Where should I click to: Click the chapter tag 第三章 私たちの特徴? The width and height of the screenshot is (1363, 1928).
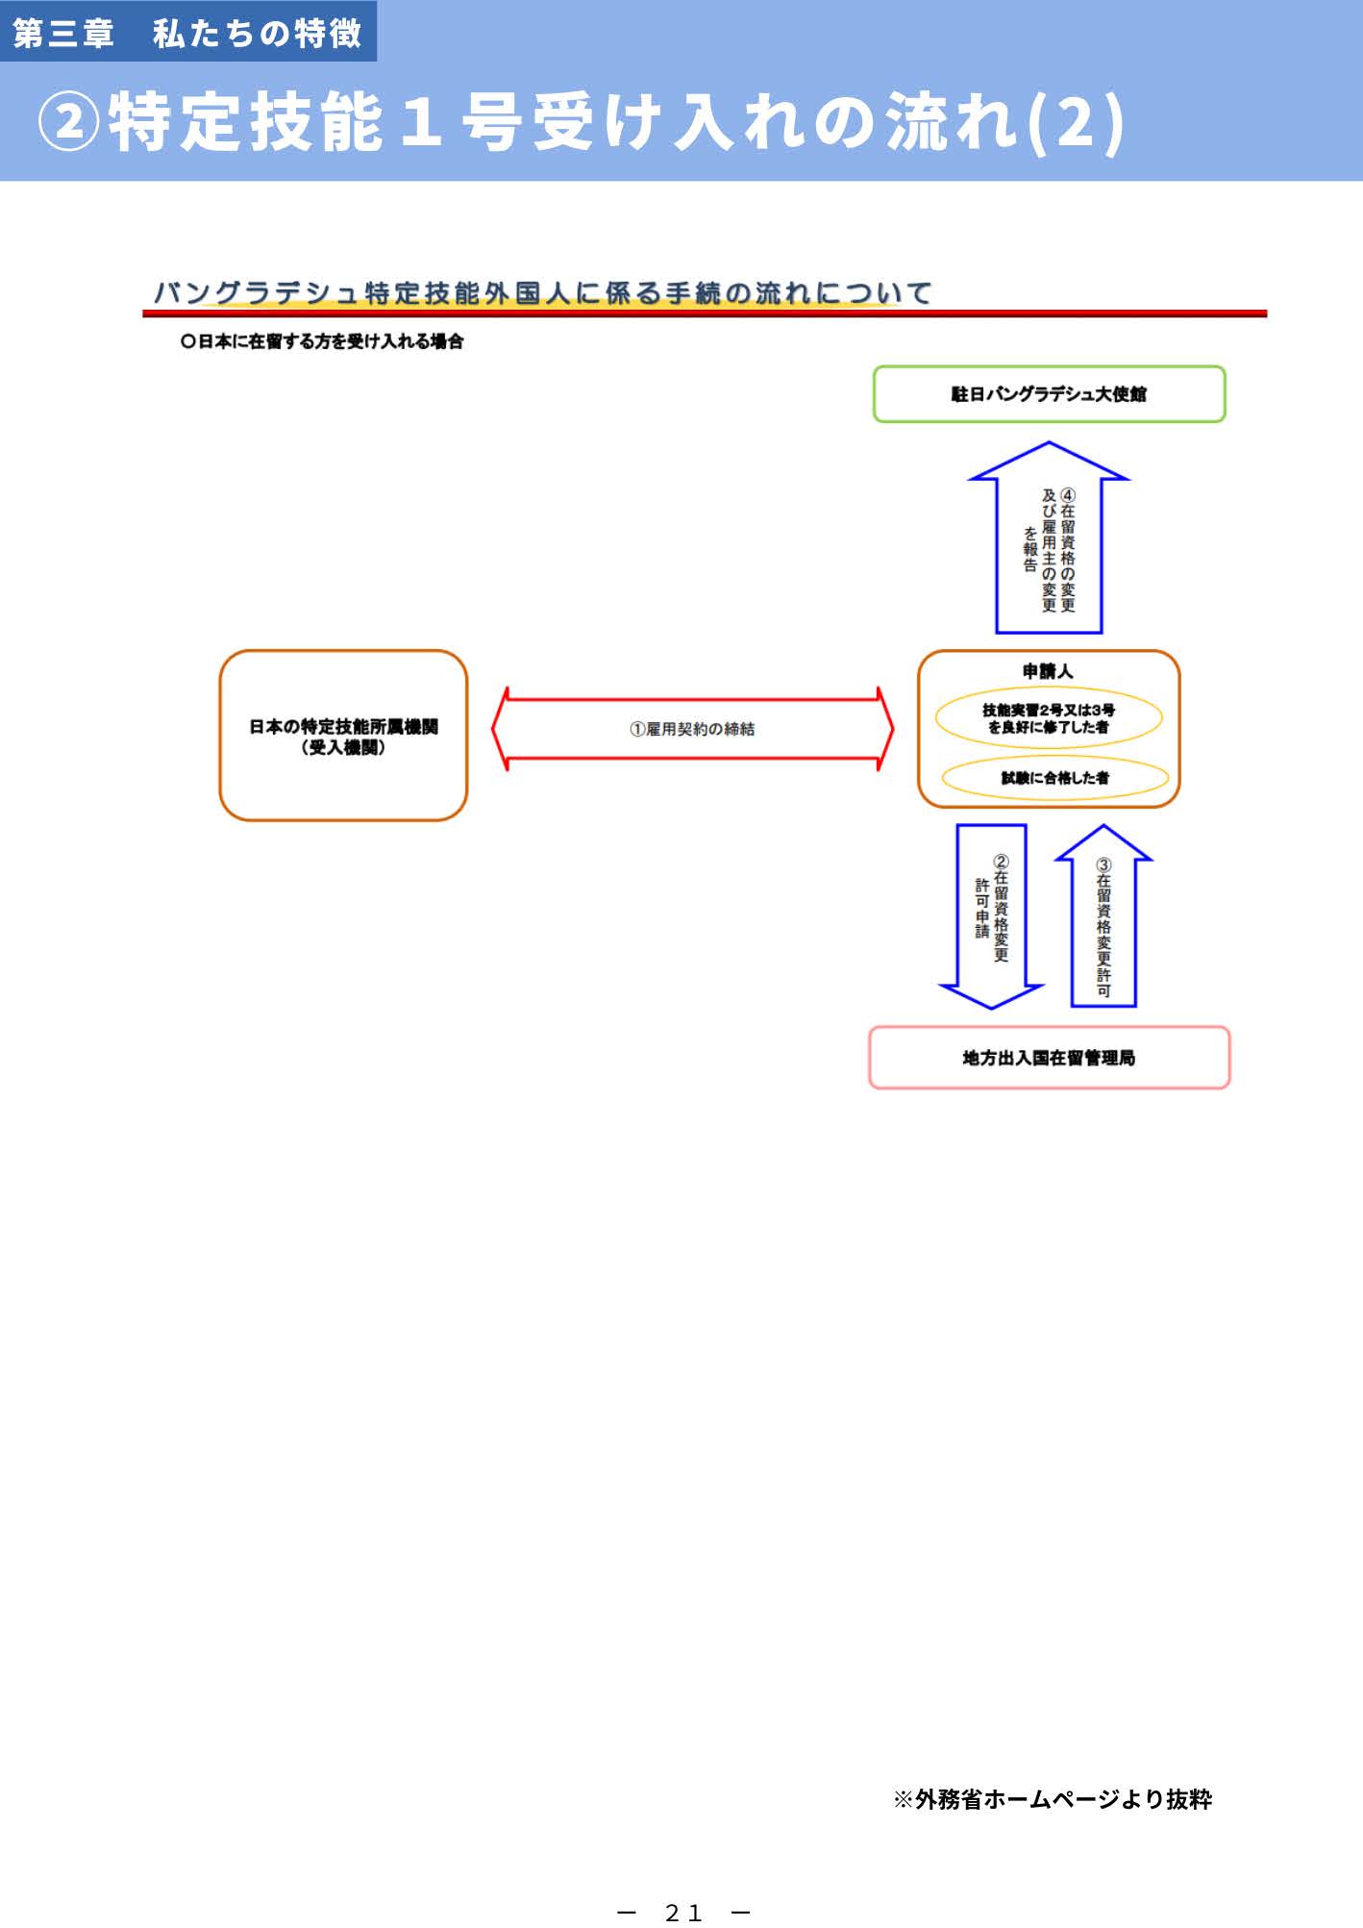(x=187, y=33)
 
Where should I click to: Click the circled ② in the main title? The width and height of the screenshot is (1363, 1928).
(x=68, y=122)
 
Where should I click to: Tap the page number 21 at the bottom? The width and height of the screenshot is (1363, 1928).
(x=683, y=1912)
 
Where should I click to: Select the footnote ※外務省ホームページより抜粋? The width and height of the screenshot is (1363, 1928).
(x=1053, y=1799)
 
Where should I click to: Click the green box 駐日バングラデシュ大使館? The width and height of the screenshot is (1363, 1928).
(x=1049, y=394)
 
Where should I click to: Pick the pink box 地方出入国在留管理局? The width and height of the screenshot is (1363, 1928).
(x=1049, y=1058)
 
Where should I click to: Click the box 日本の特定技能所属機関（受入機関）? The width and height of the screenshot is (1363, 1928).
(x=343, y=736)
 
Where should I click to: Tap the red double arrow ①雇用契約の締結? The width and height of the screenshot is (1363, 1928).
(x=692, y=729)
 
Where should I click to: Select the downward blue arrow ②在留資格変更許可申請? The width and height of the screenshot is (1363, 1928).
(x=991, y=914)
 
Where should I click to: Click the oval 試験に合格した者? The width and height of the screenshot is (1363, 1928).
(x=1054, y=778)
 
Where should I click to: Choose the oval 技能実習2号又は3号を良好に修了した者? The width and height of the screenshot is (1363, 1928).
(x=1049, y=718)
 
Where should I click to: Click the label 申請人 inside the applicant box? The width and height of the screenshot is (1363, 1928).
(x=1048, y=671)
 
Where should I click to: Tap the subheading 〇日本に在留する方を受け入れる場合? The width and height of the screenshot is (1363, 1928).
(x=321, y=341)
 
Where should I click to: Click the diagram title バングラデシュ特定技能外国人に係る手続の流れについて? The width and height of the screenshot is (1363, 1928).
(x=543, y=292)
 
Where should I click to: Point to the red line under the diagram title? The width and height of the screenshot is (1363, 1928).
(x=705, y=313)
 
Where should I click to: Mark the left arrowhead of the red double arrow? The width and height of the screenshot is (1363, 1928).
(x=500, y=729)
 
